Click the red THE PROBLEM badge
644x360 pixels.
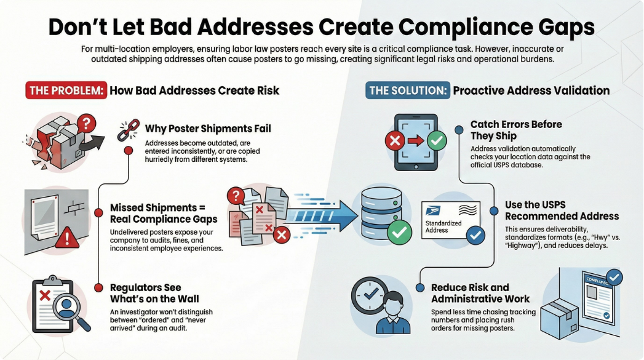[66, 90]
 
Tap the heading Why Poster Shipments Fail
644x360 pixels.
[208, 129]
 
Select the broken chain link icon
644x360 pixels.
[128, 130]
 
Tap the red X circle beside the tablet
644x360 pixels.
[394, 142]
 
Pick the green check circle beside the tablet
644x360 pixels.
[437, 142]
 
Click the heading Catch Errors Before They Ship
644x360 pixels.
[515, 130]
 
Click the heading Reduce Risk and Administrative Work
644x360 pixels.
[479, 293]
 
